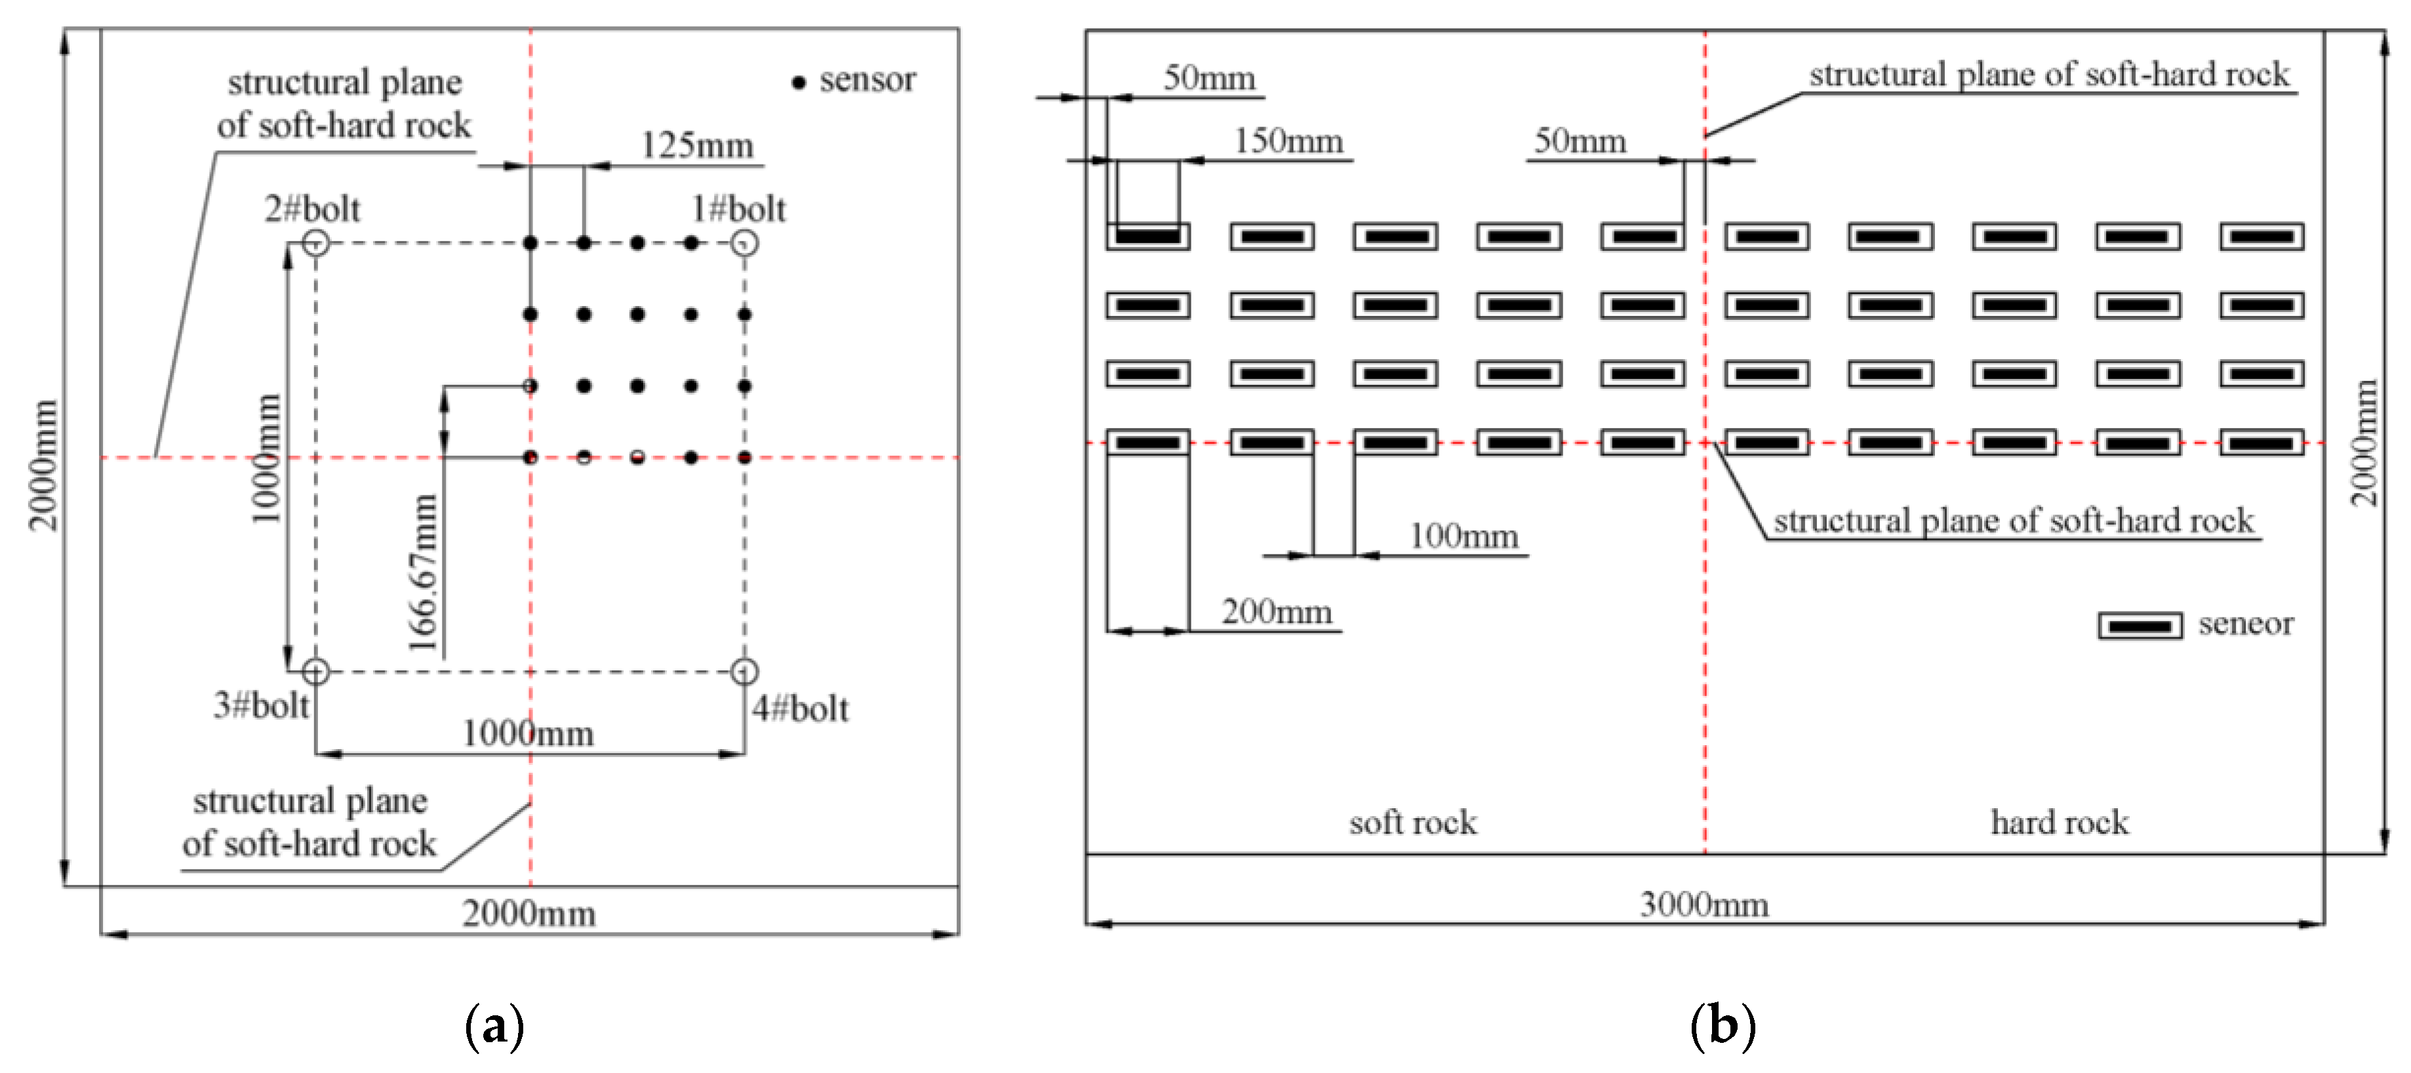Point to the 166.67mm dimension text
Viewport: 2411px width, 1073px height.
click(x=423, y=572)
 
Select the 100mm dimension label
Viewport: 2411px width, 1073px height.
click(x=1464, y=536)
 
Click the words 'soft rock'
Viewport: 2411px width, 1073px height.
click(x=1413, y=823)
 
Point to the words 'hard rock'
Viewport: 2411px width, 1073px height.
click(x=2059, y=823)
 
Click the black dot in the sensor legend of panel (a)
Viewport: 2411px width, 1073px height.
click(x=799, y=83)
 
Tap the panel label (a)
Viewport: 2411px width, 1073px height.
click(x=494, y=1026)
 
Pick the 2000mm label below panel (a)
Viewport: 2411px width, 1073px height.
click(x=528, y=913)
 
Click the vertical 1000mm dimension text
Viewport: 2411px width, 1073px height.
click(x=267, y=458)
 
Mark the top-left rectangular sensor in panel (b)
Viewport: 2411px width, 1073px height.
click(x=1148, y=237)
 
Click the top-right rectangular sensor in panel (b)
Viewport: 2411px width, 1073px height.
click(x=2262, y=237)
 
